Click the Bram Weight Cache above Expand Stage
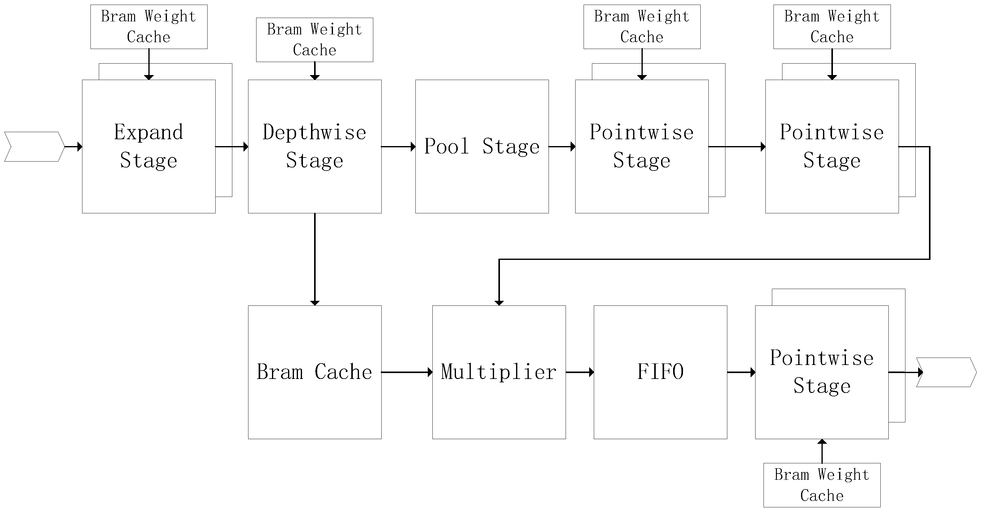pyautogui.click(x=148, y=27)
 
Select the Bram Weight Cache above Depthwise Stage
pyautogui.click(x=315, y=40)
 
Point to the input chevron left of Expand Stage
pyautogui.click(x=34, y=146)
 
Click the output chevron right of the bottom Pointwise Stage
pyautogui.click(x=946, y=372)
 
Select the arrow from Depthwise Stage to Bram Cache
pyautogui.click(x=315, y=259)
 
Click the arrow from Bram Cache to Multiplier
pyautogui.click(x=407, y=372)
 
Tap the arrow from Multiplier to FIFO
pyautogui.click(x=580, y=372)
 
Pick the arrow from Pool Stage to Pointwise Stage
pyautogui.click(x=562, y=146)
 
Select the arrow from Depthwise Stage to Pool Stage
pyautogui.click(x=398, y=146)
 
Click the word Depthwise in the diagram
pyautogui.click(x=315, y=132)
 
